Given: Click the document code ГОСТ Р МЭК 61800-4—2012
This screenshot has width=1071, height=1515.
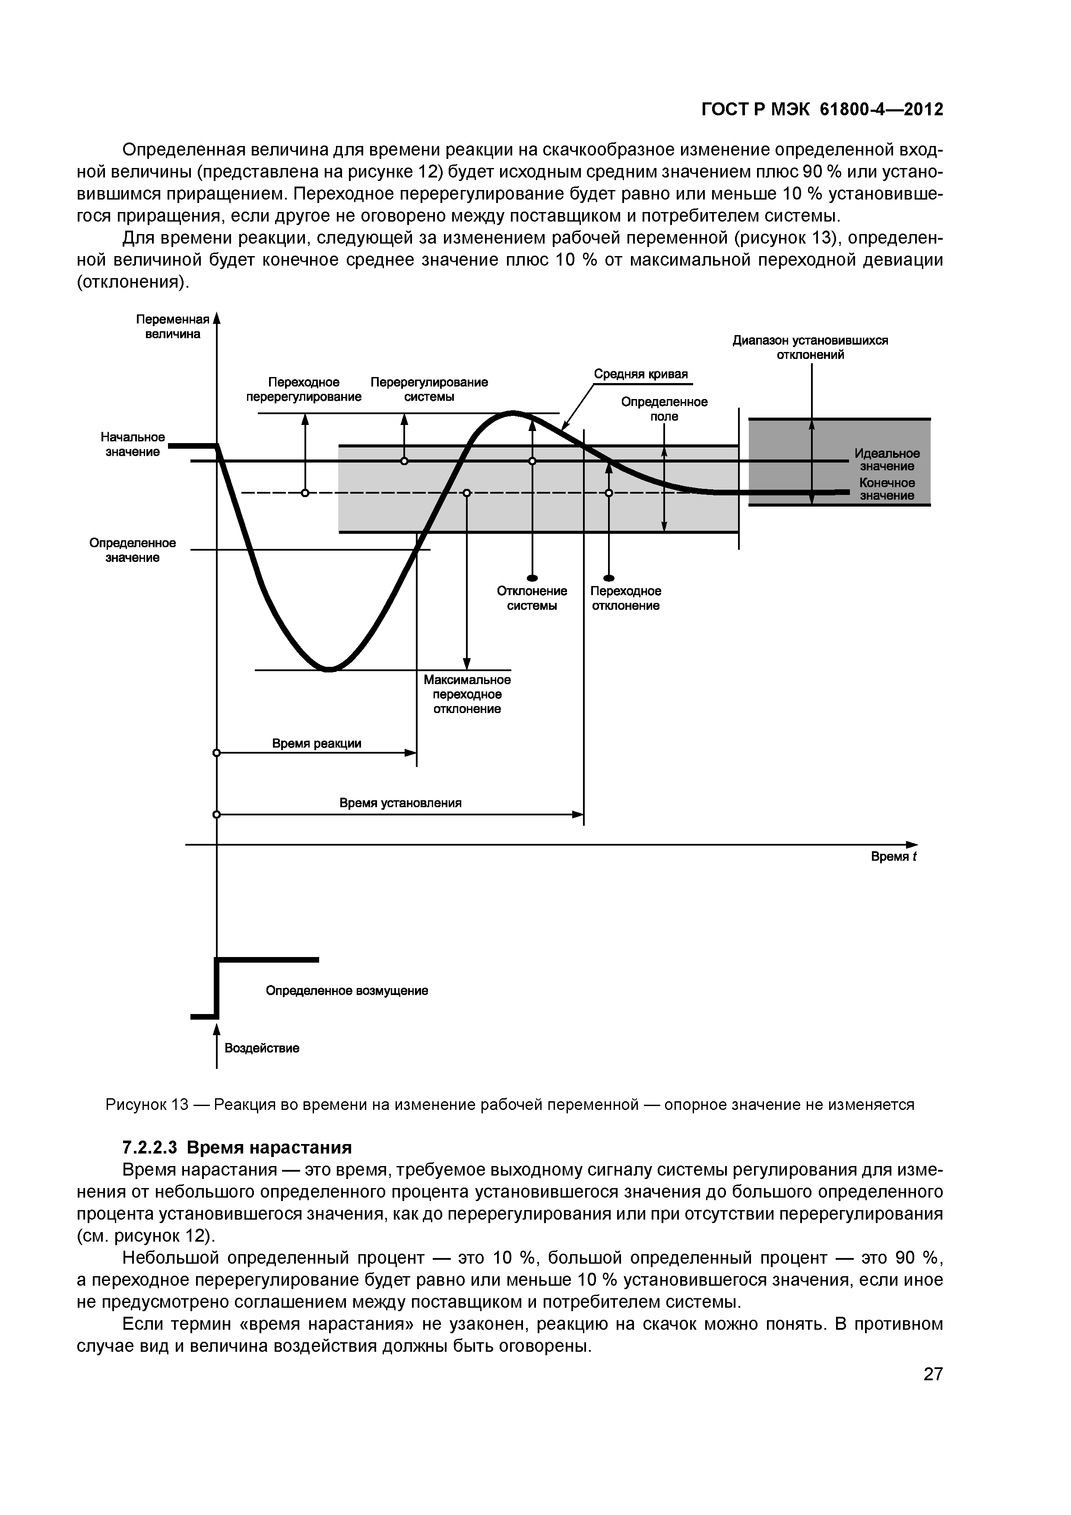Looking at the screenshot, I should click(821, 110).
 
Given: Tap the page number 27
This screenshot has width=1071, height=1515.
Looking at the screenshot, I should click(932, 1375).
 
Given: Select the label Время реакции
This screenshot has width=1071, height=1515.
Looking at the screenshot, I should click(317, 744).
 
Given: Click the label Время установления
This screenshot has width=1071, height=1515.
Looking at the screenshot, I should click(401, 803).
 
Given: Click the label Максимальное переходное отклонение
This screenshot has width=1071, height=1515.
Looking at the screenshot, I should click(467, 694).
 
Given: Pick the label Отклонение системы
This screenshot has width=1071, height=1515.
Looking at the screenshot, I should click(532, 599).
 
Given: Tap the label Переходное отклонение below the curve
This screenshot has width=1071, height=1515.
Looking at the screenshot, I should click(626, 599).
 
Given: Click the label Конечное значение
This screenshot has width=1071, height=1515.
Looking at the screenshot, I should click(887, 489).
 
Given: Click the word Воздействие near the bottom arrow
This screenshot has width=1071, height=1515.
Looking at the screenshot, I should click(262, 1048).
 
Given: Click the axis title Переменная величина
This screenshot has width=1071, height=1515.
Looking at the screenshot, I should click(172, 326).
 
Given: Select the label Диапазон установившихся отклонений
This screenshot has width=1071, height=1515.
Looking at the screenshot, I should click(810, 347).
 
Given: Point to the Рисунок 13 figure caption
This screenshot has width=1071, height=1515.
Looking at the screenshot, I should click(510, 1105).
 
